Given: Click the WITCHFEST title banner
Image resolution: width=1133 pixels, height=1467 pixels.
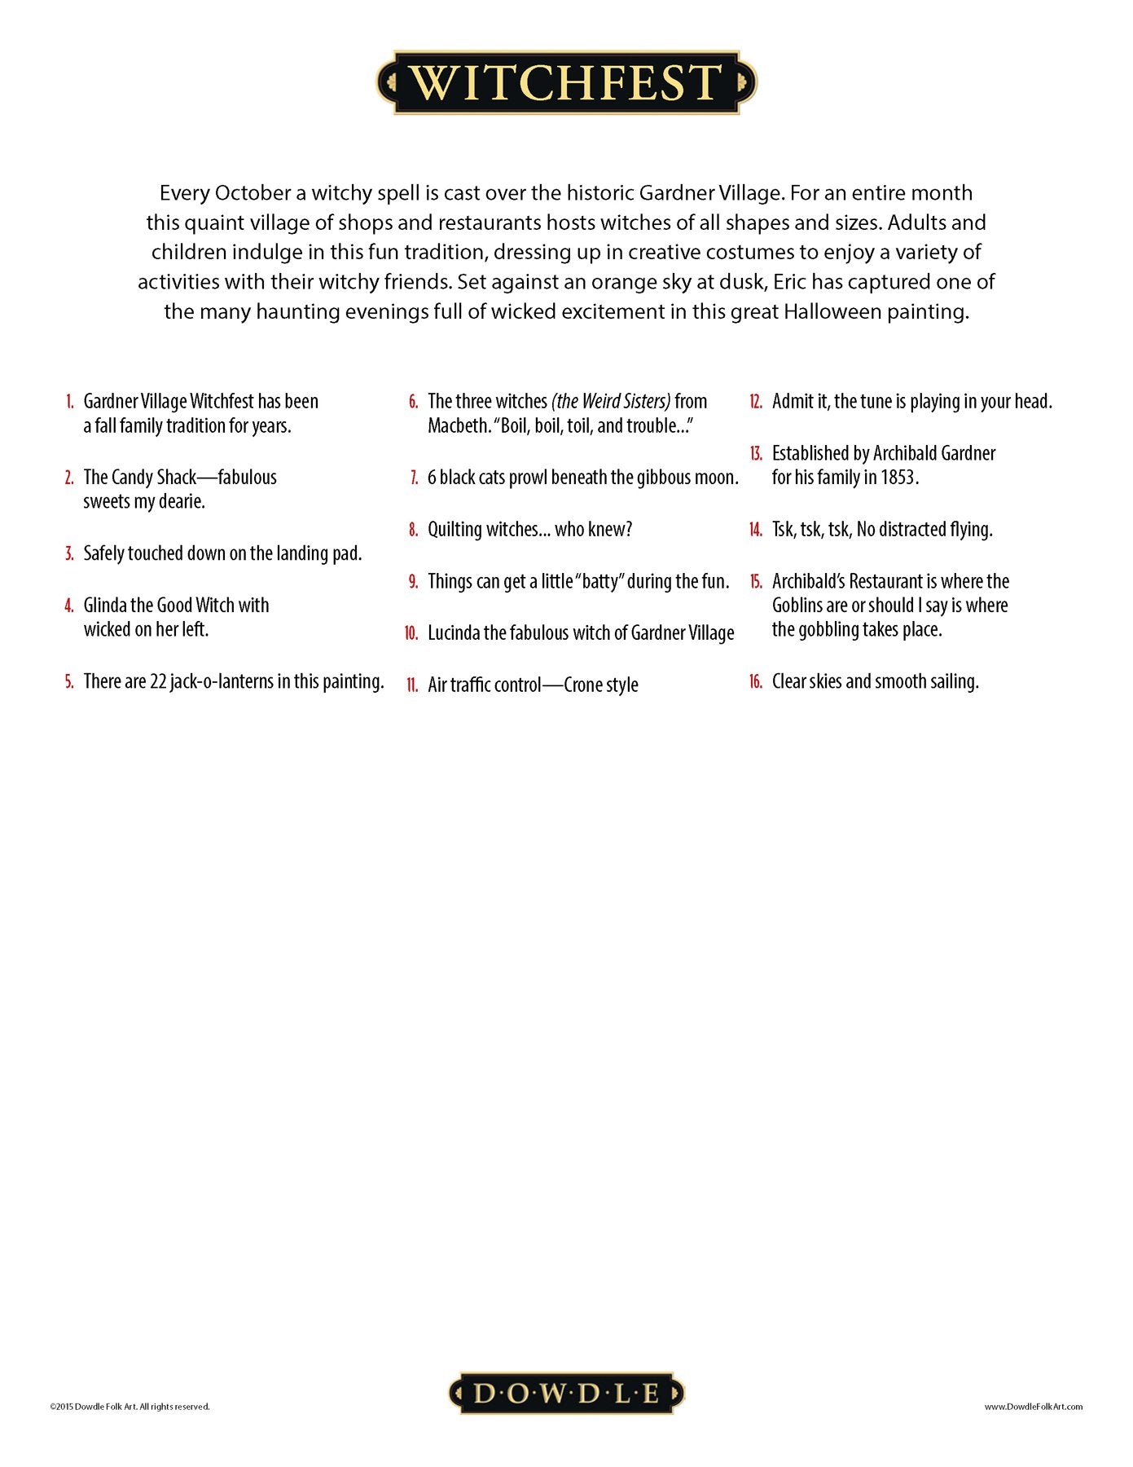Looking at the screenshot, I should [x=566, y=82].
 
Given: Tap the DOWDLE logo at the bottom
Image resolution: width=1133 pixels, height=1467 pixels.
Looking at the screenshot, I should [x=566, y=1394].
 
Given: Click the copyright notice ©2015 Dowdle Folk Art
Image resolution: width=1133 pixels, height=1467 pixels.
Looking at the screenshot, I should [x=130, y=1407].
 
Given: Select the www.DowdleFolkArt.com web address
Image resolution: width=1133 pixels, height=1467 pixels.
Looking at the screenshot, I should [x=1033, y=1407].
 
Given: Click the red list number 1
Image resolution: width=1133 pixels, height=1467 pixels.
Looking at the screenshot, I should [x=70, y=402].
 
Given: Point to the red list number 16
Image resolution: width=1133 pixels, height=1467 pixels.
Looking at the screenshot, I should [x=755, y=682].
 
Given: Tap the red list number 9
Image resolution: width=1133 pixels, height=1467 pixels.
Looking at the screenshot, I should [x=413, y=582].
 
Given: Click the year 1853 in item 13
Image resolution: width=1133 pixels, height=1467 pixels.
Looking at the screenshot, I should [x=898, y=478].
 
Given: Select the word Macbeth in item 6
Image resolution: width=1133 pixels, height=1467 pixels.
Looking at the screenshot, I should [x=457, y=426].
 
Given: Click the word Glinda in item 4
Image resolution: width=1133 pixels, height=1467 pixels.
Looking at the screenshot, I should [x=105, y=606].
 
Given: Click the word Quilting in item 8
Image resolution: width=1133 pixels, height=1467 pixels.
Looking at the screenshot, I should [x=455, y=531].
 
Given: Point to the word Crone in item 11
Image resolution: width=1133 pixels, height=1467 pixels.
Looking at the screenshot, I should [x=582, y=685].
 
